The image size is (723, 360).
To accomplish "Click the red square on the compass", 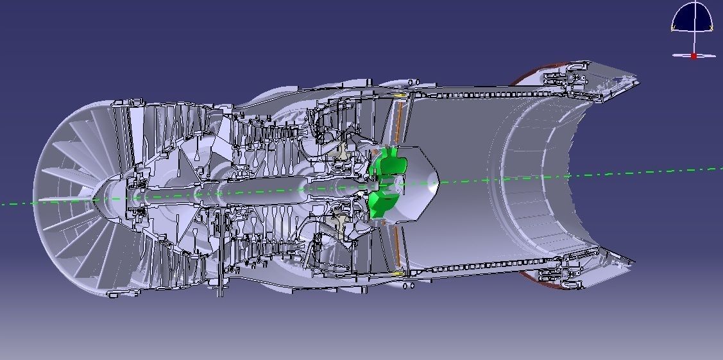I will tap(693, 56).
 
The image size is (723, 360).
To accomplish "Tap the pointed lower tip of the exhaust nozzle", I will tap(634, 262).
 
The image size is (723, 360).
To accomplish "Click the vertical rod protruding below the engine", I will tap(221, 282).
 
